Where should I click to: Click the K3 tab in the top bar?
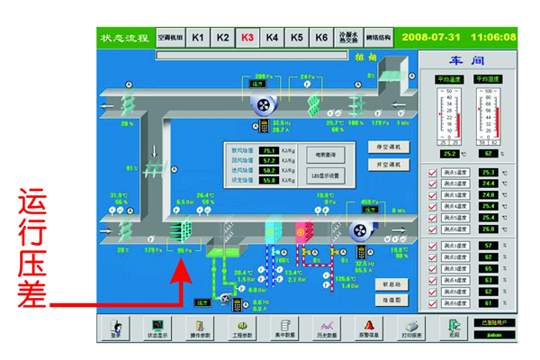pos(247,38)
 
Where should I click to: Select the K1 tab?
pos(198,38)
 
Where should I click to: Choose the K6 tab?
pos(320,38)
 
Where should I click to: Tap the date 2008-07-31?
pos(430,37)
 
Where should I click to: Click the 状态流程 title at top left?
pos(124,38)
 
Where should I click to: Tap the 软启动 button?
pos(391,284)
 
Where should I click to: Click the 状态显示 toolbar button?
pos(158,327)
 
